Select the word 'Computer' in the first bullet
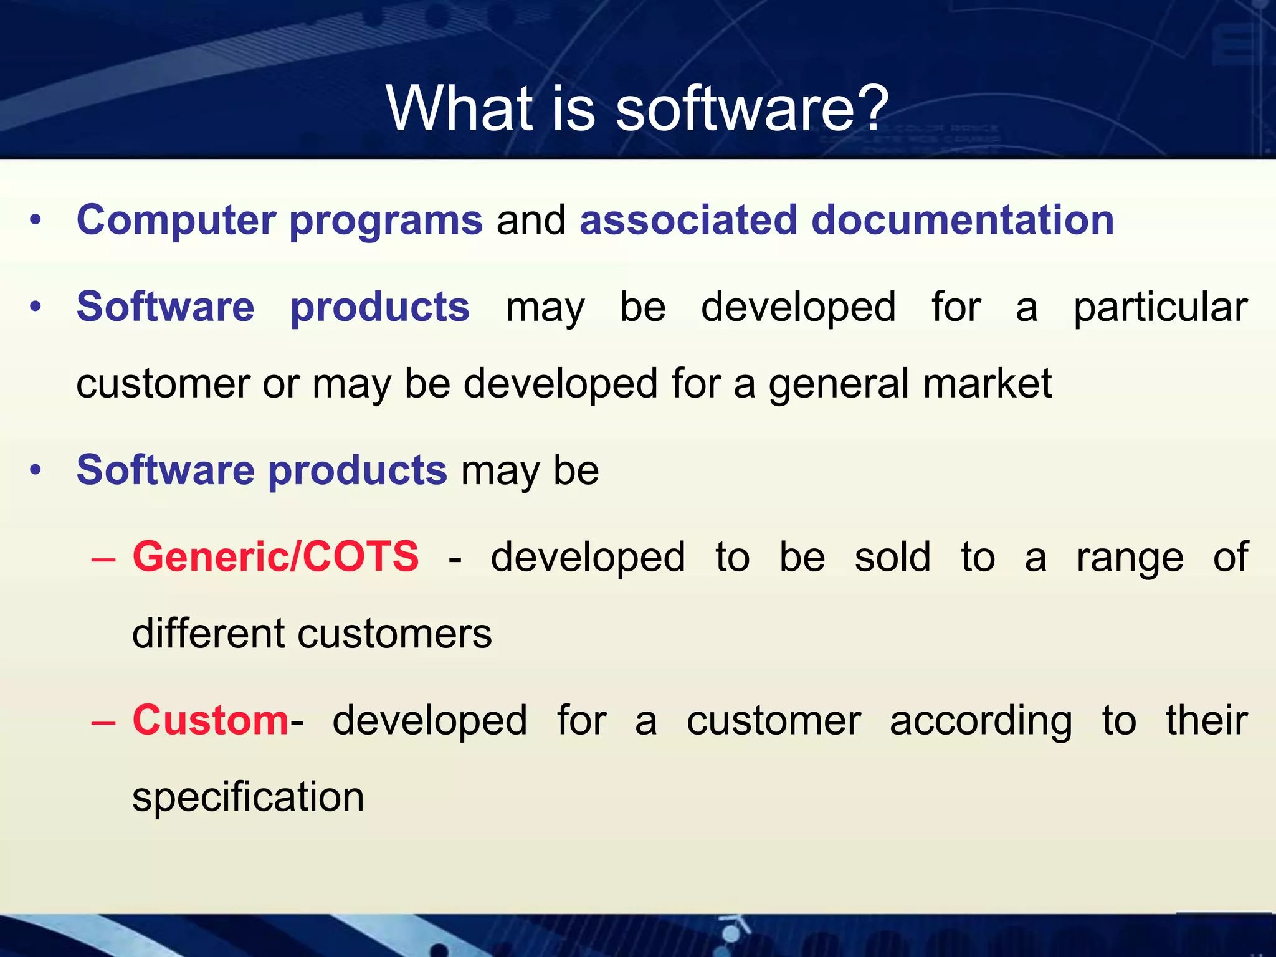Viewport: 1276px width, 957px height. coord(176,220)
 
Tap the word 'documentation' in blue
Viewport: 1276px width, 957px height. coord(962,220)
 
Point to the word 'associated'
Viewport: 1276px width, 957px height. coord(688,220)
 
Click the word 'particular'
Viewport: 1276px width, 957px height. coord(1160,308)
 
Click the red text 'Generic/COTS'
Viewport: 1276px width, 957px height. coord(275,556)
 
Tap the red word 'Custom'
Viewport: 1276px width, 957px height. coord(210,720)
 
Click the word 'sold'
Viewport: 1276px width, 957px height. coord(892,556)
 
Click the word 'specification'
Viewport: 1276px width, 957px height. coord(248,797)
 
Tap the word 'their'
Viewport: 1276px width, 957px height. coord(1206,720)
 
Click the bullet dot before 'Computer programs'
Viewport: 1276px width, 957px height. coord(36,221)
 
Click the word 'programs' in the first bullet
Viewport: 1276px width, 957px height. coord(386,221)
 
